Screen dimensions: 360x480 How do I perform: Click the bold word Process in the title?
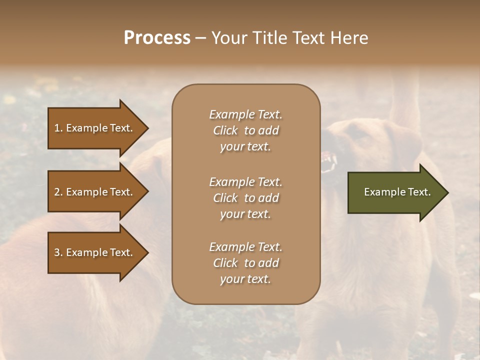click(157, 38)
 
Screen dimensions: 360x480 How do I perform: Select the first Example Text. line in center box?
click(245, 114)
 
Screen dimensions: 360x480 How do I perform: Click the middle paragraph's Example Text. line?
click(245, 182)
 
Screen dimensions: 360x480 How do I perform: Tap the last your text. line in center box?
click(245, 279)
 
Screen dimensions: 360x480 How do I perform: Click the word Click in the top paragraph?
click(225, 130)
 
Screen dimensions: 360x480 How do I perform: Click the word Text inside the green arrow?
click(420, 192)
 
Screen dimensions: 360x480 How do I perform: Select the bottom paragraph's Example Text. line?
click(245, 247)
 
